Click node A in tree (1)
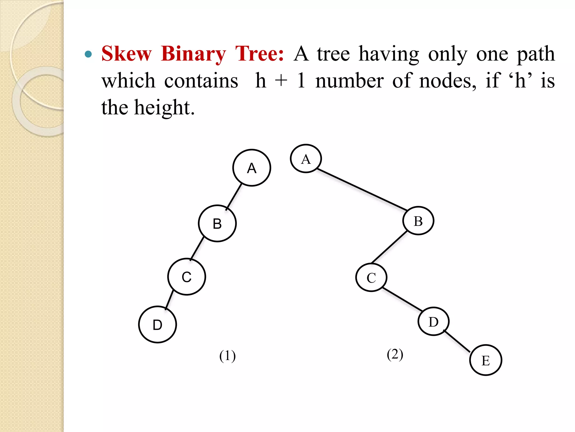(252, 168)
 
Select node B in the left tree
(217, 223)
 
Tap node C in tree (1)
(187, 277)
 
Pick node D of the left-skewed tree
(158, 325)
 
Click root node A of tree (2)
(306, 159)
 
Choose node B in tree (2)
(418, 221)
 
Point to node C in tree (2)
(371, 278)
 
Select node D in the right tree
(433, 321)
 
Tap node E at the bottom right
(485, 360)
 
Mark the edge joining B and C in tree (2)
(389, 247)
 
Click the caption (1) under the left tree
(227, 356)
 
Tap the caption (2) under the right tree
(395, 354)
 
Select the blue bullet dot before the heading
(88, 54)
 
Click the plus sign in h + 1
(281, 81)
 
